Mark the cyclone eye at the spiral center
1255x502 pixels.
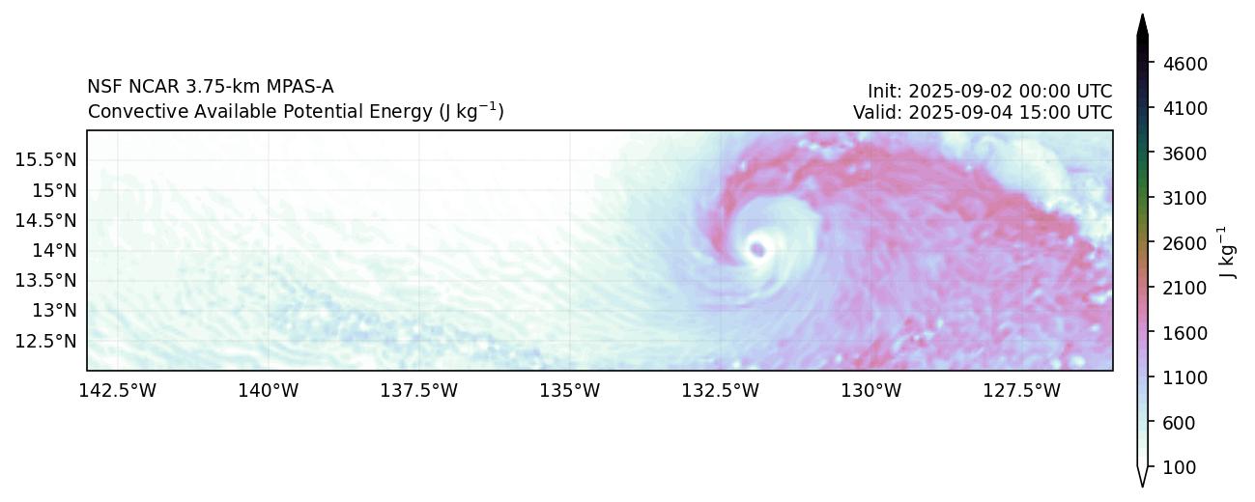click(x=756, y=250)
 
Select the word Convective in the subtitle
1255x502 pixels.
click(x=127, y=112)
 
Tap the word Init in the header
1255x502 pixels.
click(x=883, y=91)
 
